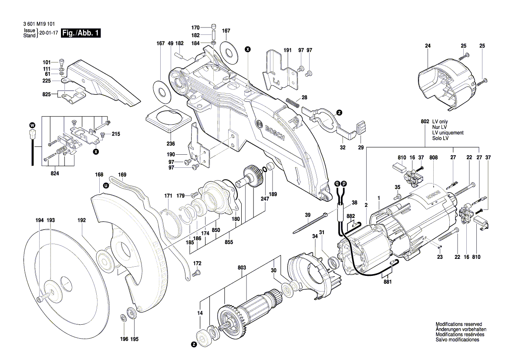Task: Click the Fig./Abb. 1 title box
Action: [x=81, y=33]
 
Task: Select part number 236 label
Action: [x=170, y=144]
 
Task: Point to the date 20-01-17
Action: [x=49, y=33]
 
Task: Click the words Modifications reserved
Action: [x=458, y=324]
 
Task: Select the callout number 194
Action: [x=40, y=221]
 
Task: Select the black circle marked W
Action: [x=32, y=125]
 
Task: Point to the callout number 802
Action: [x=425, y=122]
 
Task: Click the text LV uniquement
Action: [x=448, y=132]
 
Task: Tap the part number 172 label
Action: [x=197, y=263]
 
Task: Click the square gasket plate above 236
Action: [x=168, y=118]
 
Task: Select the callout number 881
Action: [x=388, y=282]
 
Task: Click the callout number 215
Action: [x=115, y=133]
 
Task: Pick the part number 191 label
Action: [x=287, y=51]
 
